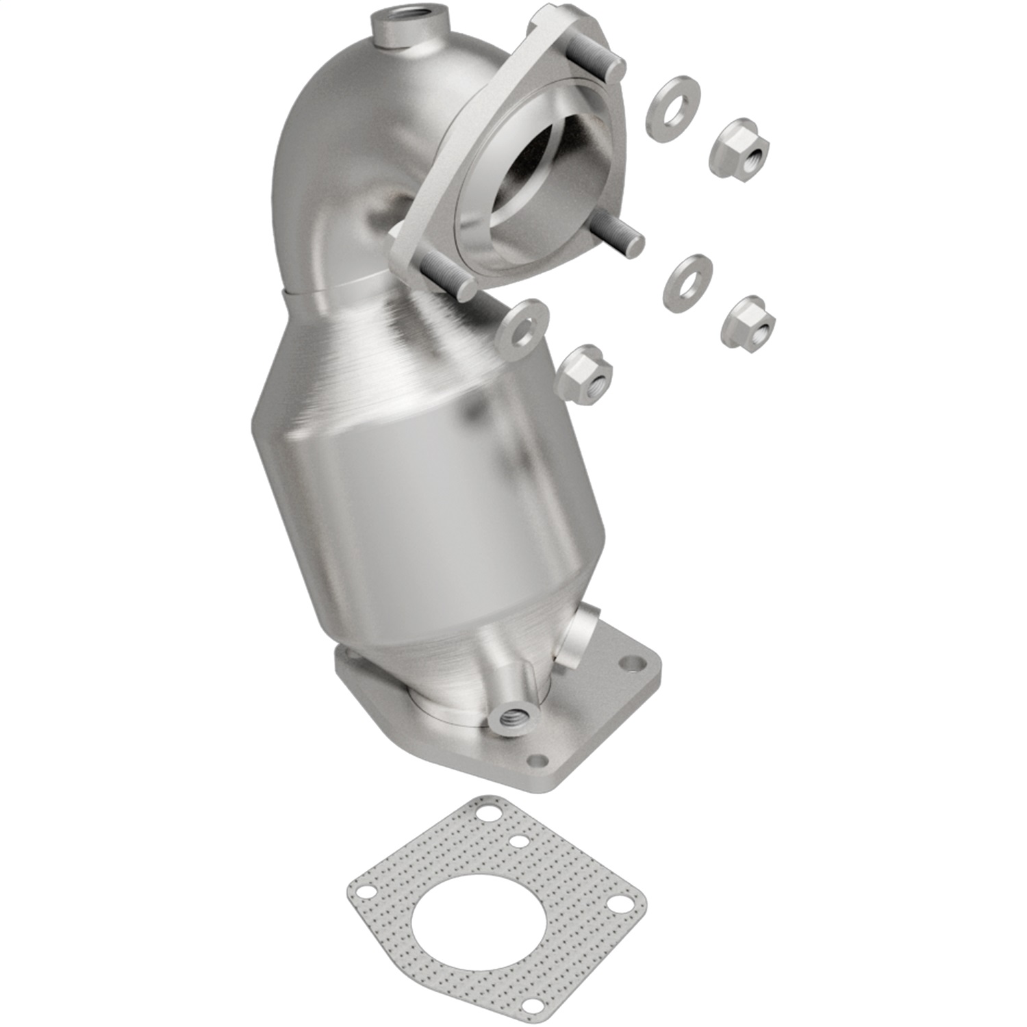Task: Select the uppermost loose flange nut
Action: [x=739, y=146]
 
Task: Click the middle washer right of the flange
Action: [x=687, y=280]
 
